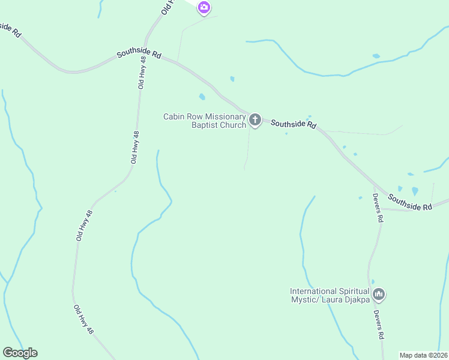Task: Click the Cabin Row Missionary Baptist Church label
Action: point(205,121)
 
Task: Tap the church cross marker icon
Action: point(255,120)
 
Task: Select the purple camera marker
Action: point(204,8)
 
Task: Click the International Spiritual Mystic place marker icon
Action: point(378,294)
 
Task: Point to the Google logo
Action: point(20,353)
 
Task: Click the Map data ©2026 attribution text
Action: point(423,355)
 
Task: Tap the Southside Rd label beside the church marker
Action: point(293,124)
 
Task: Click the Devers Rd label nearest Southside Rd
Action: point(377,208)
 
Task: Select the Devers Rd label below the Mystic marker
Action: point(378,325)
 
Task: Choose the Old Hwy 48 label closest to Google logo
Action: point(83,319)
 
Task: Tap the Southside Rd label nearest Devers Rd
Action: point(410,202)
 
